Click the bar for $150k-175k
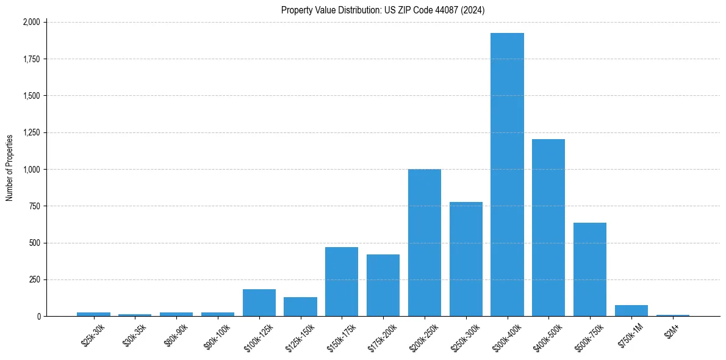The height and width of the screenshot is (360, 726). click(x=342, y=282)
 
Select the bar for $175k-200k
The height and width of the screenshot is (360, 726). click(x=383, y=286)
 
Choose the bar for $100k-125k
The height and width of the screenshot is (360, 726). click(x=259, y=303)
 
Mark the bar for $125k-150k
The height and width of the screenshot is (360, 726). click(x=300, y=307)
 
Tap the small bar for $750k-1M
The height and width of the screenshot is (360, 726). click(x=631, y=311)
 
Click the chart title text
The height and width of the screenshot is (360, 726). click(x=383, y=10)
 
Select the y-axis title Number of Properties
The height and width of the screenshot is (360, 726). click(x=10, y=168)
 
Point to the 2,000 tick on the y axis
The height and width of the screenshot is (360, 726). click(x=31, y=22)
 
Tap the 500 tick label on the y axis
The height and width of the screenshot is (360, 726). click(x=34, y=243)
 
